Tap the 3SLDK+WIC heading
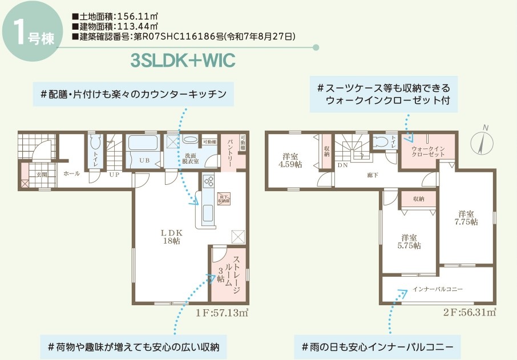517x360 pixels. [x=183, y=60]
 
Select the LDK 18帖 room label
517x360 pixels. [x=171, y=237]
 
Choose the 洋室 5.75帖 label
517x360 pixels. [x=410, y=241]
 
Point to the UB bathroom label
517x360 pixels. [x=144, y=160]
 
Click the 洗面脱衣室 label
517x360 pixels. [x=190, y=158]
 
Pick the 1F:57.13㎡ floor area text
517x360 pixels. [x=221, y=313]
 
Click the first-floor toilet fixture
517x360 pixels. [x=95, y=142]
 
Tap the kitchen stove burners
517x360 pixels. [x=208, y=181]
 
